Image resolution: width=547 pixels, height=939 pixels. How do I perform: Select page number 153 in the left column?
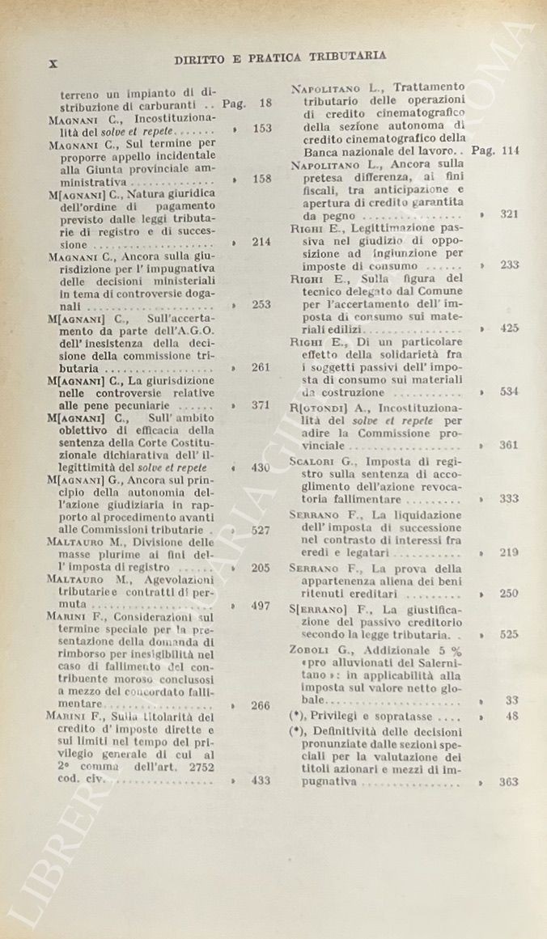(x=261, y=129)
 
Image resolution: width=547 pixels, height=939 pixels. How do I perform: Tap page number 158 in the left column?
(x=261, y=179)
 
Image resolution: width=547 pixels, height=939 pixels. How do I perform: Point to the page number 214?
(x=261, y=241)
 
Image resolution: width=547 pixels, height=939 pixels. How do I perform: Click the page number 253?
(x=261, y=305)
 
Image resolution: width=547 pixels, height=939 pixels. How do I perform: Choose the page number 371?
(x=261, y=405)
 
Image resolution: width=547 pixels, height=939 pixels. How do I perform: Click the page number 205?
(x=261, y=568)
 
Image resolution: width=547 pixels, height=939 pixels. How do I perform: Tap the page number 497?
(x=261, y=606)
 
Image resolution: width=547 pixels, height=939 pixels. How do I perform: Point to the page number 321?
(x=509, y=214)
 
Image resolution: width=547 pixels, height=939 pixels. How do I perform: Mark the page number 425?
(x=509, y=328)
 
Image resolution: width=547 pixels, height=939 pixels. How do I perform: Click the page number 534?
(x=509, y=391)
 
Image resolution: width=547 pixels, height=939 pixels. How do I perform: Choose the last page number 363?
(x=509, y=781)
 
